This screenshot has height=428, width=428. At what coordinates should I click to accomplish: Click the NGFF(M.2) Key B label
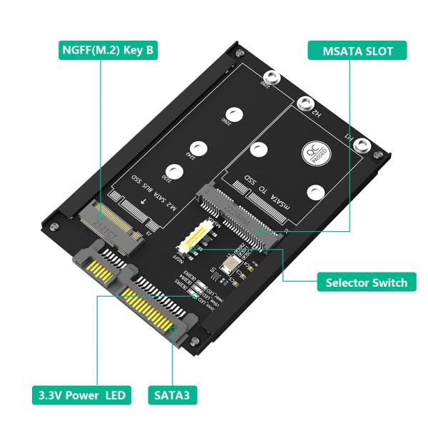106,51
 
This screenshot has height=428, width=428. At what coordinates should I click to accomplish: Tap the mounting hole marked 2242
203,148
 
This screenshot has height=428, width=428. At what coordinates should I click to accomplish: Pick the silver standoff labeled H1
362,147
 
